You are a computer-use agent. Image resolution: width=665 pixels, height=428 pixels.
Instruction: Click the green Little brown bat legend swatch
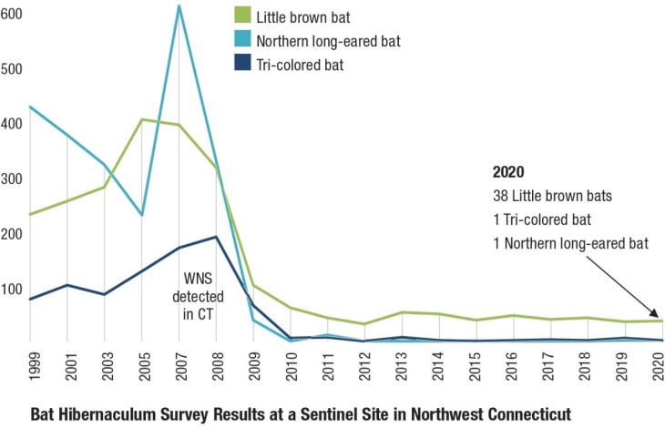(x=241, y=15)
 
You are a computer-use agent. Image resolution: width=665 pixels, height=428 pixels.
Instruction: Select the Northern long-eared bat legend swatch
(x=241, y=40)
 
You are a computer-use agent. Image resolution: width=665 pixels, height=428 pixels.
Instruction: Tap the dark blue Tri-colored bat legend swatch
(x=241, y=65)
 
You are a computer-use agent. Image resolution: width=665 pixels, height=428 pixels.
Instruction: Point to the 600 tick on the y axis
(x=14, y=15)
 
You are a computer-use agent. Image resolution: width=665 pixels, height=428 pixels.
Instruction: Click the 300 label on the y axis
(x=14, y=179)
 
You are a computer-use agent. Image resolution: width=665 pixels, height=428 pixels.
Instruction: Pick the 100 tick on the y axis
(x=14, y=290)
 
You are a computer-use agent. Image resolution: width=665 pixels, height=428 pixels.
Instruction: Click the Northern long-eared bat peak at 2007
(x=179, y=6)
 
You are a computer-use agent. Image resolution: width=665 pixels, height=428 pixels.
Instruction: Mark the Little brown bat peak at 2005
(x=142, y=119)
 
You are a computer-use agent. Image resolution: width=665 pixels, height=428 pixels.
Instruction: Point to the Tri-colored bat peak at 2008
(x=216, y=237)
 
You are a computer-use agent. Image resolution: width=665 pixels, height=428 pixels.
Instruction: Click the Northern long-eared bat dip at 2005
(x=142, y=215)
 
